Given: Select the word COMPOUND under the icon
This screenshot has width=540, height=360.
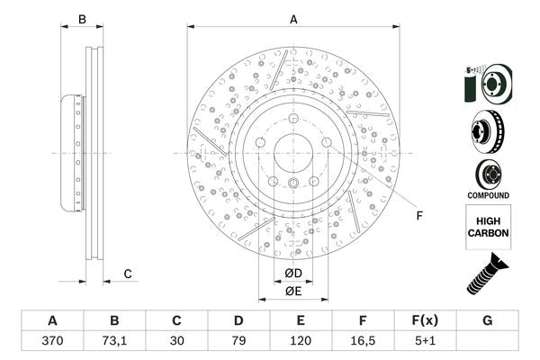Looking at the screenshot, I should [x=487, y=195].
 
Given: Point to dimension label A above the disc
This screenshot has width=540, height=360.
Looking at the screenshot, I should [x=293, y=18].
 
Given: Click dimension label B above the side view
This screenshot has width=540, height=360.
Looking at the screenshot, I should [x=82, y=18].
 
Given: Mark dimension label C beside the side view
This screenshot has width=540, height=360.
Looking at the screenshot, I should [x=128, y=274].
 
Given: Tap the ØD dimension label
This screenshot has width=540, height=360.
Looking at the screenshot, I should [x=293, y=273].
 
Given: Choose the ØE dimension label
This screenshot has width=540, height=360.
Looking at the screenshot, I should [x=293, y=291].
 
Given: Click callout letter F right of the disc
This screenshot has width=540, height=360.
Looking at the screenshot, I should [x=418, y=215].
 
